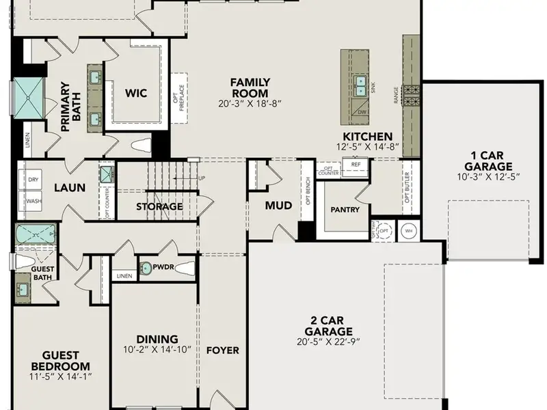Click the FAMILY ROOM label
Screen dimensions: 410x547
point(250,87)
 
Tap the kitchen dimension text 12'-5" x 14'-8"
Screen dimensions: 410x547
point(368,148)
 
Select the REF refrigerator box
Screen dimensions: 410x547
point(356,165)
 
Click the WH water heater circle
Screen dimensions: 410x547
point(410,230)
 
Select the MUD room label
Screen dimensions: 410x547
point(278,205)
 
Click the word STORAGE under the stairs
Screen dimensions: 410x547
point(159,206)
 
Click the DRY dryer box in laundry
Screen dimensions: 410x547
point(34,180)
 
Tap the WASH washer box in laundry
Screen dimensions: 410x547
point(34,201)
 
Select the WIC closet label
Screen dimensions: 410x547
point(136,93)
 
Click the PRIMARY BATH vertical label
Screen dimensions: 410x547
point(70,107)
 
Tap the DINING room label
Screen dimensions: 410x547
point(157,339)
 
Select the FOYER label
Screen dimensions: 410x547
point(223,351)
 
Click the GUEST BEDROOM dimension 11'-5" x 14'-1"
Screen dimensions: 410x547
point(61,376)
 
